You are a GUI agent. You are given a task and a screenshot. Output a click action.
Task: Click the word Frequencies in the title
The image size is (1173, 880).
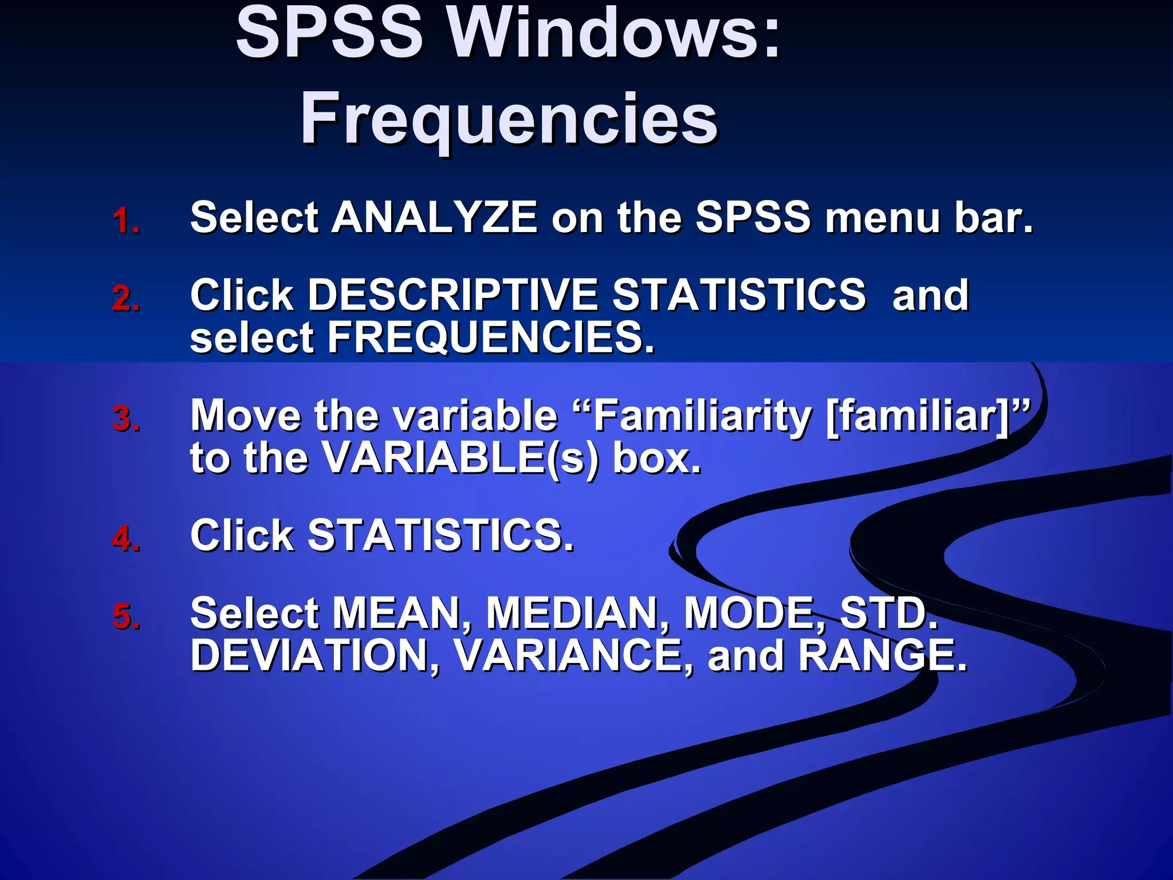point(509,119)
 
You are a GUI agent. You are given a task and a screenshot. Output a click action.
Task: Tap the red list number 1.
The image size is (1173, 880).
point(125,221)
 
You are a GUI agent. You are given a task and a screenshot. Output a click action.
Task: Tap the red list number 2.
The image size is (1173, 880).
point(127,298)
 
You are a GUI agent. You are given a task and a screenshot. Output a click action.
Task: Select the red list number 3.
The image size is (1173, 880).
point(127,418)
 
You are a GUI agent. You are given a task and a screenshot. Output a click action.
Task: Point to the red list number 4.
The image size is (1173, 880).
point(127,539)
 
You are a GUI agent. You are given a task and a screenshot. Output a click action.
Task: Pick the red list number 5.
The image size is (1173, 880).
point(127,616)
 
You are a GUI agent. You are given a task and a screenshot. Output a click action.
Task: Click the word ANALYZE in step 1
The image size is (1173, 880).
point(435,218)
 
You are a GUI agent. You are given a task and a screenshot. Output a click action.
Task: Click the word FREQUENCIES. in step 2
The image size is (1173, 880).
point(491,337)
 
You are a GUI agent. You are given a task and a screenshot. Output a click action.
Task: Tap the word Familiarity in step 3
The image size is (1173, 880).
point(702,415)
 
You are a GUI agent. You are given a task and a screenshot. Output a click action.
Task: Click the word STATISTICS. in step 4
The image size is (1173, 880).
point(440,536)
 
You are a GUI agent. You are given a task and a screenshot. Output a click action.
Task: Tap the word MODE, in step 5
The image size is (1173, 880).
point(754,614)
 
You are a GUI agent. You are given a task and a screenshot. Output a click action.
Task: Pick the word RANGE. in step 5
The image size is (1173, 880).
point(882,655)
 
